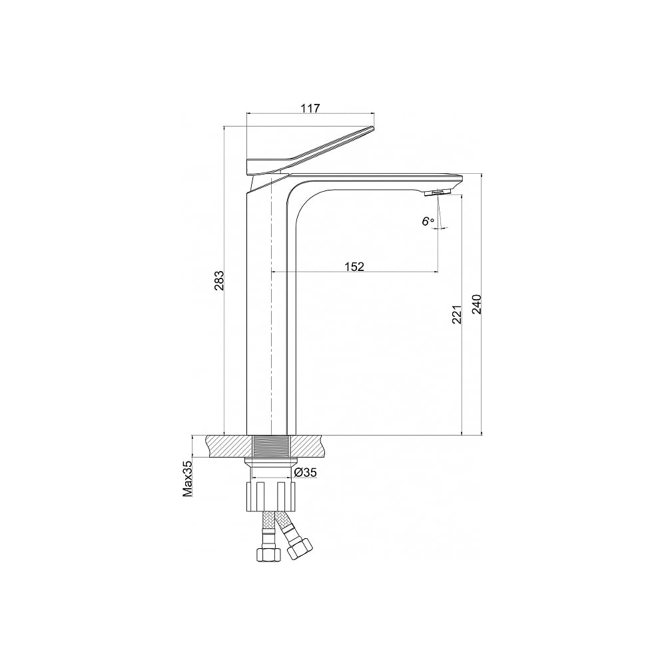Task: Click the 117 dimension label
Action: pos(310,109)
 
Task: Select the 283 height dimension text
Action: pos(218,280)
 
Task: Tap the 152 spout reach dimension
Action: pos(354,266)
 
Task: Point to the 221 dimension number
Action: pos(457,314)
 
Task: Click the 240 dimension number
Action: pos(477,304)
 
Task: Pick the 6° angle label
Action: pos(428,221)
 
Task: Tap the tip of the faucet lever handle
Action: pos(374,129)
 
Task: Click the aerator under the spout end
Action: pos(434,193)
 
